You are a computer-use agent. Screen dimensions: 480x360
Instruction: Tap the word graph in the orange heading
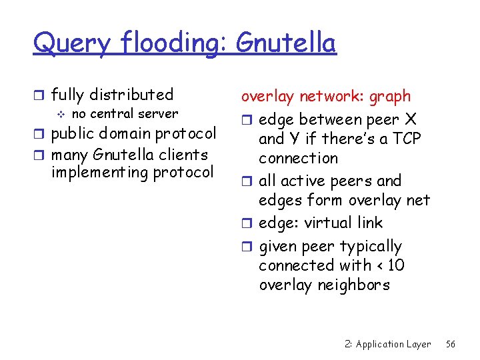(389, 97)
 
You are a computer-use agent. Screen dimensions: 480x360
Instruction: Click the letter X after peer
(411, 119)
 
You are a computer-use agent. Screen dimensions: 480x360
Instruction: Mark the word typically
(371, 247)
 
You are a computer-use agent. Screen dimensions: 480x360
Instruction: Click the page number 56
(451, 345)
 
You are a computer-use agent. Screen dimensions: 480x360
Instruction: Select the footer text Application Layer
(393, 345)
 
